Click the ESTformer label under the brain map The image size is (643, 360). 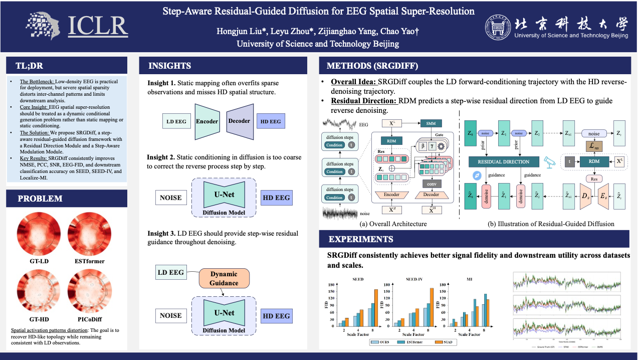[88, 261]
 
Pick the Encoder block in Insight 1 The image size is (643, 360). [207, 121]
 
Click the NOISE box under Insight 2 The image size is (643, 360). [170, 198]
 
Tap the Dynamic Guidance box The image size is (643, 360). [224, 279]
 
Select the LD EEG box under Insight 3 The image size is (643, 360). [170, 273]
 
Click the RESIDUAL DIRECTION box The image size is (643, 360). [503, 162]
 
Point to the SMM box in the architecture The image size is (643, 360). [430, 123]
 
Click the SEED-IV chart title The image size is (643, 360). [413, 279]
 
